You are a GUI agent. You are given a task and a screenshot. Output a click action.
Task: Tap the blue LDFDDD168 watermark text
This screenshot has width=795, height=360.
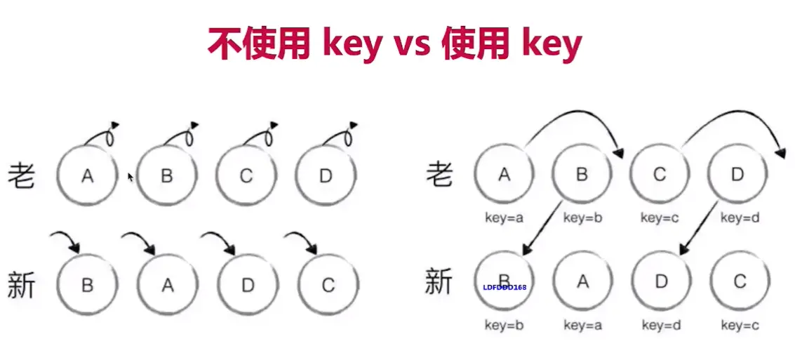[505, 287]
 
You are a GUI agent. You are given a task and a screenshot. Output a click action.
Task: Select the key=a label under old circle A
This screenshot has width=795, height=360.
[504, 218]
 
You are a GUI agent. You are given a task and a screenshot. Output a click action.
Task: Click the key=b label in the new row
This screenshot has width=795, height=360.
[504, 325]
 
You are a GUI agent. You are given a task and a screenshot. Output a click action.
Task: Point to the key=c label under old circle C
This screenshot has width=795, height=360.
[660, 218]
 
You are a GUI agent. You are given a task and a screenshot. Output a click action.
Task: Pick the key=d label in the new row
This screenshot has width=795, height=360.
[661, 325]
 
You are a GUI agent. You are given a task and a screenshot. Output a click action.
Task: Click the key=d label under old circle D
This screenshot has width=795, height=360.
[740, 218]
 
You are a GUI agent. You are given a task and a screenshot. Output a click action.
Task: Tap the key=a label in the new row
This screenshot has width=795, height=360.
[583, 325]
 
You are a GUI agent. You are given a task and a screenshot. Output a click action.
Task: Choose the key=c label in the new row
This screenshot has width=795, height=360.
[740, 325]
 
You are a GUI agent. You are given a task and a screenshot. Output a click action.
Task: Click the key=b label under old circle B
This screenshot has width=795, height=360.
[582, 218]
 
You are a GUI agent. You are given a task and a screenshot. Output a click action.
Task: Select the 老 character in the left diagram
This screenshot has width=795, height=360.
[22, 175]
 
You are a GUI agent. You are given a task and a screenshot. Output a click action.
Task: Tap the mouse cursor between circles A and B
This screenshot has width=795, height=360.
[131, 178]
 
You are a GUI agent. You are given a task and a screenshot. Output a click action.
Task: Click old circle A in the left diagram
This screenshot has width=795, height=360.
[87, 175]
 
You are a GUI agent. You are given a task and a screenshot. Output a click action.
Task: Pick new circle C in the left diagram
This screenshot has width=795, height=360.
[328, 285]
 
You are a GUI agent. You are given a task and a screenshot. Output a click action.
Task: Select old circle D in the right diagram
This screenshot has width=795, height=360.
[737, 175]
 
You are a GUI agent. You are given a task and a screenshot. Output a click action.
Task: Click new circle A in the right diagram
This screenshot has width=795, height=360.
[582, 281]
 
